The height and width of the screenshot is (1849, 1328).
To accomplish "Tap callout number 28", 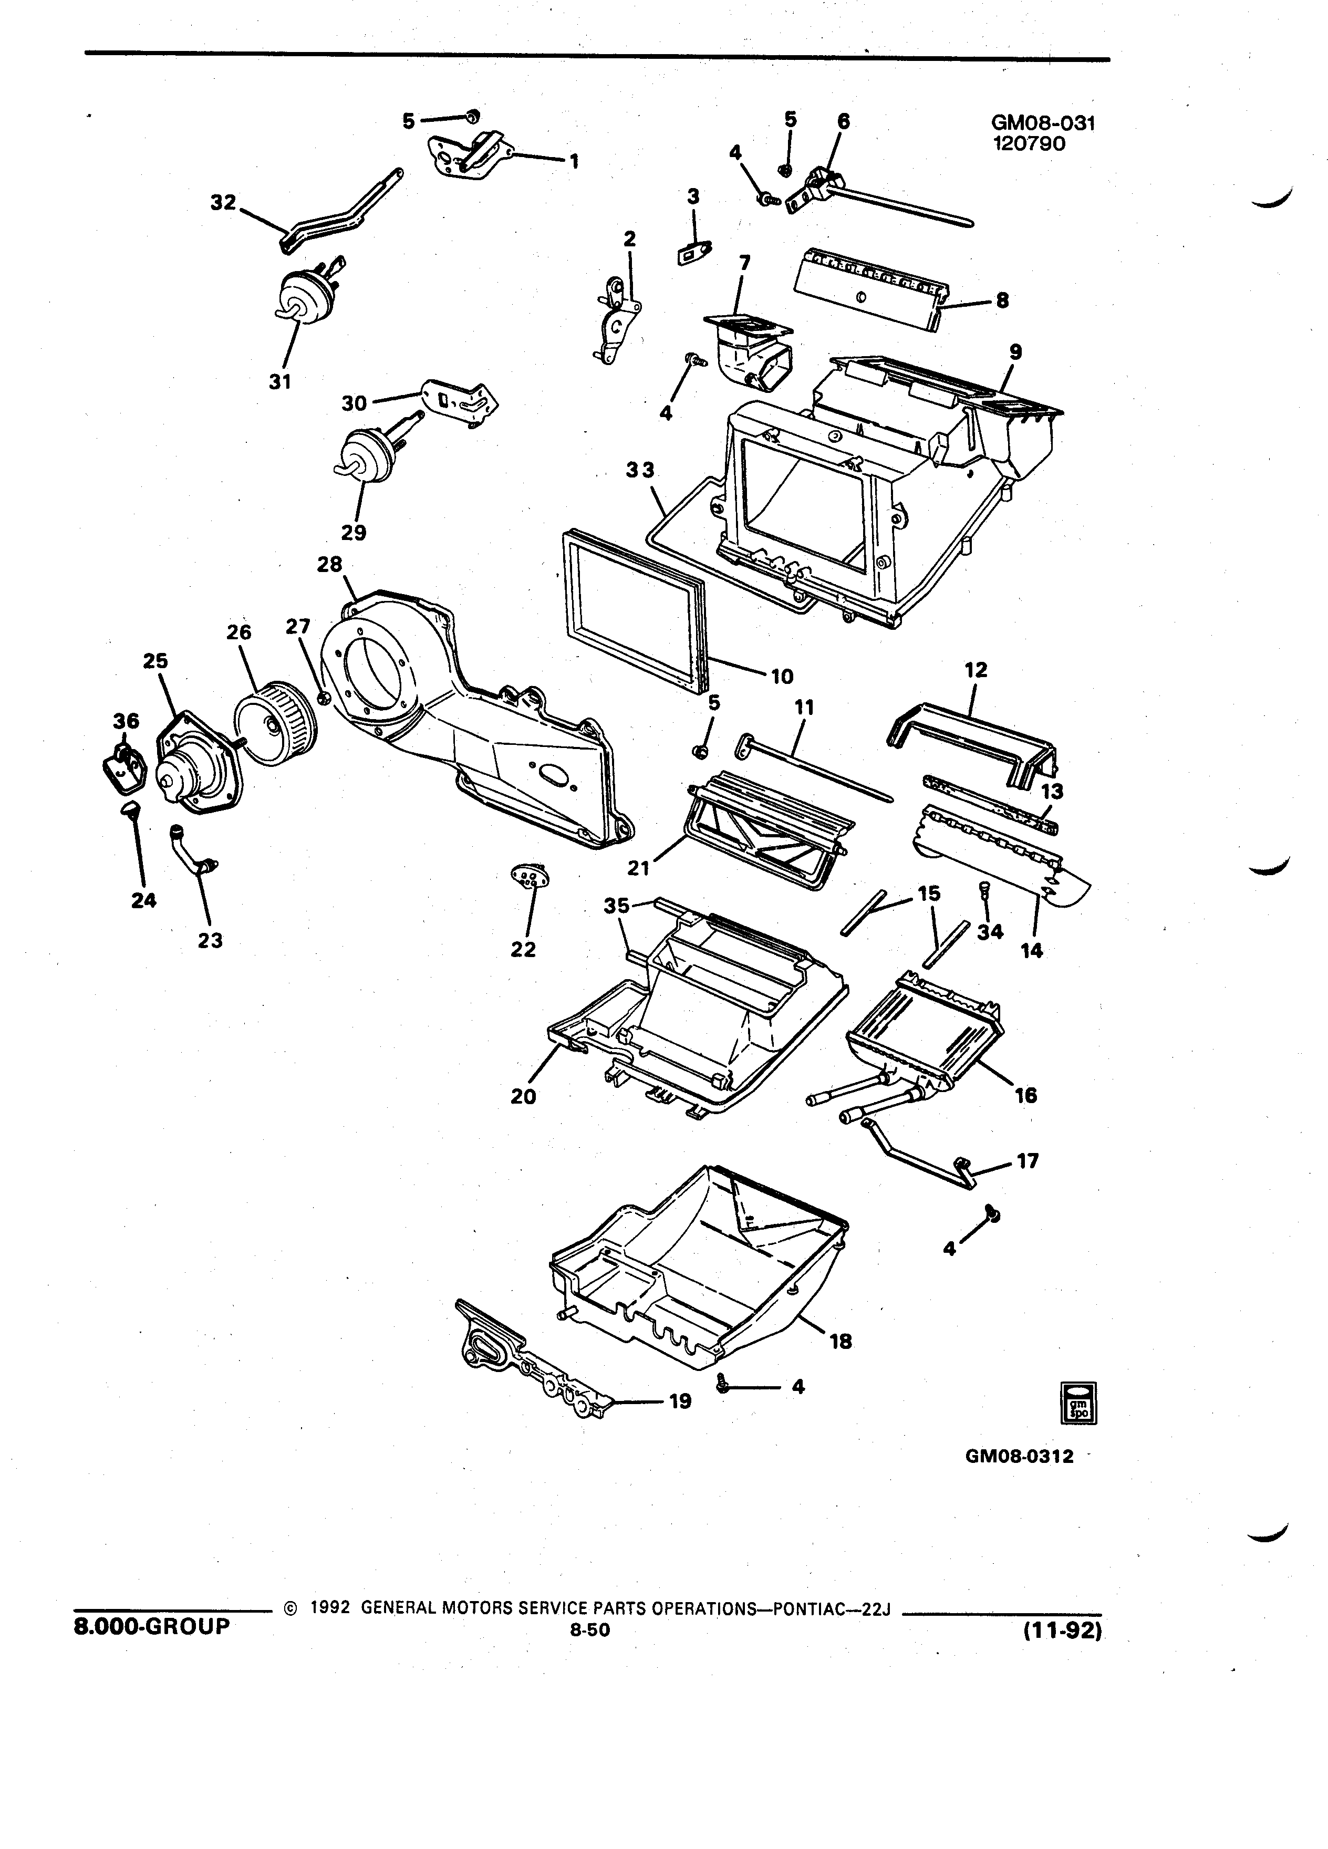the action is [x=330, y=564].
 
